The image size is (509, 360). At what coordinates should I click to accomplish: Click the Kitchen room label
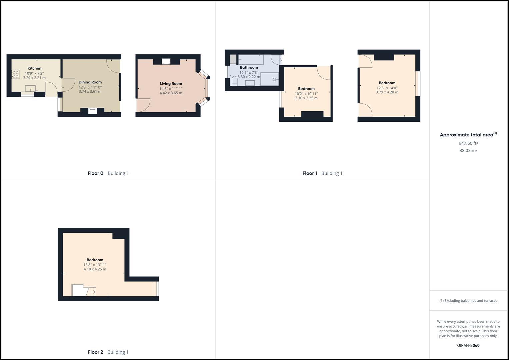[x=34, y=68]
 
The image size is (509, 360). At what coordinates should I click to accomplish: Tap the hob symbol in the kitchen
[x=15, y=74]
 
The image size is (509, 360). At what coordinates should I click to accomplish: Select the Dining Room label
[x=90, y=82]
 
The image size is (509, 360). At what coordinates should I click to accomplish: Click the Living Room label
[x=171, y=84]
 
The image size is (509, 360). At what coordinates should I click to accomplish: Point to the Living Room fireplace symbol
[x=166, y=62]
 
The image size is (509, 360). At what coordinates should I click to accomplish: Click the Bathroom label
[x=249, y=67]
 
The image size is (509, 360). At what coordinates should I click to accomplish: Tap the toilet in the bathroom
[x=234, y=81]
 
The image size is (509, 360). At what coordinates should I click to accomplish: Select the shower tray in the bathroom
[x=270, y=79]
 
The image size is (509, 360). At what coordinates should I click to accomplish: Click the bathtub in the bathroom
[x=251, y=60]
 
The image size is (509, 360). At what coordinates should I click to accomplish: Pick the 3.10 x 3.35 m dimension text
[x=306, y=98]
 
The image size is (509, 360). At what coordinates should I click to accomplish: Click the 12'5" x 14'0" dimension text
[x=387, y=88]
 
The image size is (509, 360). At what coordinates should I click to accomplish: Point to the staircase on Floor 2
[x=91, y=292]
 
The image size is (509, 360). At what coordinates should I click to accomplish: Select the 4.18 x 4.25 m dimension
[x=95, y=269]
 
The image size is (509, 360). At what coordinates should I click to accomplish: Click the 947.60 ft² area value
[x=468, y=143]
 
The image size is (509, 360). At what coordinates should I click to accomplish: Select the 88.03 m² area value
[x=468, y=150]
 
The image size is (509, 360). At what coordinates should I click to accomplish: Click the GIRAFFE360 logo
[x=468, y=345]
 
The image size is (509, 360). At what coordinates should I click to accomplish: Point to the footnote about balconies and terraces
[x=468, y=301]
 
